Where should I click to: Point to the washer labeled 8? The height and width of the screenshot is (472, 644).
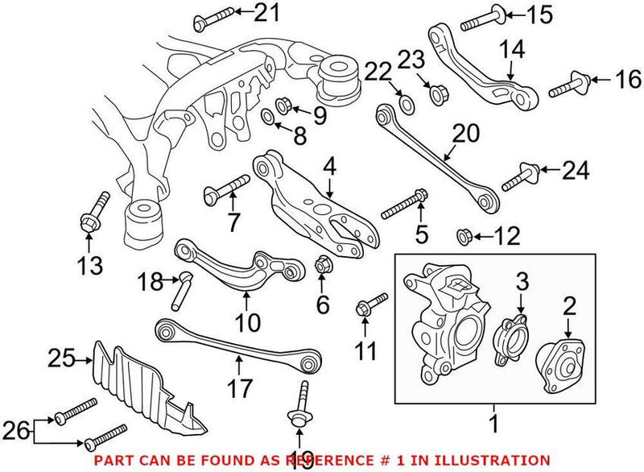(268, 122)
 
